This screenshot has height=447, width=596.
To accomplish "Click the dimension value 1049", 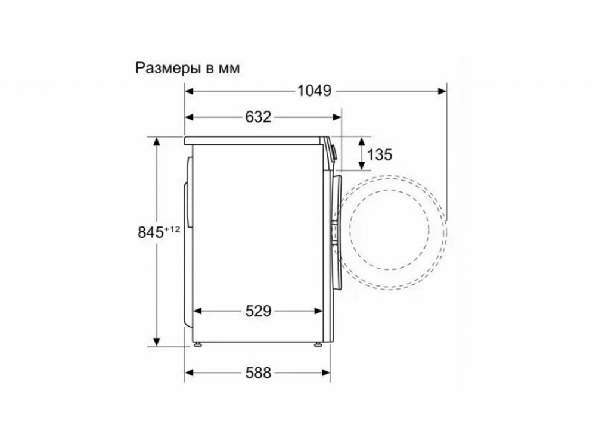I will coord(314,91).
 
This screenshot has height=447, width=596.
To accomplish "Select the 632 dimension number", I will coord(257,117).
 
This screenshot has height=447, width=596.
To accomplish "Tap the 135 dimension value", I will coord(380,155).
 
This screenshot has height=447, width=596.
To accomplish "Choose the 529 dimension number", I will coord(258,311).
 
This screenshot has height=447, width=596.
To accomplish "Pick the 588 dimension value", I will coord(258,373).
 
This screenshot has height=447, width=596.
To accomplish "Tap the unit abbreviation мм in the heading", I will coord(229,69).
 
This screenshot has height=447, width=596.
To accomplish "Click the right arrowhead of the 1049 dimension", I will coord(442,91).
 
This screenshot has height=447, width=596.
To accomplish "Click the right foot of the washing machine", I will coord(319,344).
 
